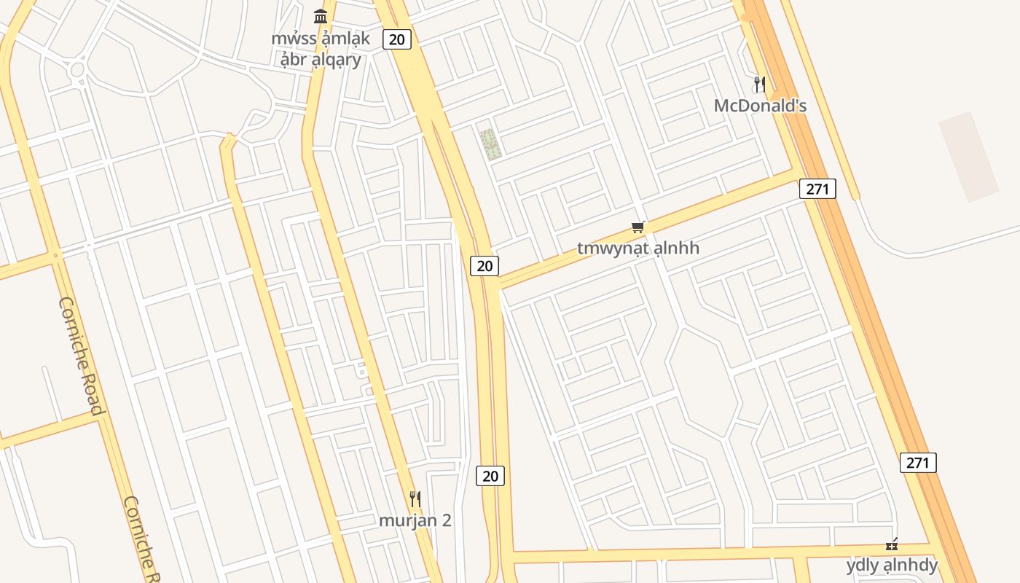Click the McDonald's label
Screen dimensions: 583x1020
(x=760, y=106)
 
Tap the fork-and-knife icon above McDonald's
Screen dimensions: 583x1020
(x=760, y=85)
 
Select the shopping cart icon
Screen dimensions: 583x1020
(x=638, y=227)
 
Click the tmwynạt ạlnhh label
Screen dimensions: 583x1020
(x=638, y=248)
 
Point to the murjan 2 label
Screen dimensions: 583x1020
(x=415, y=520)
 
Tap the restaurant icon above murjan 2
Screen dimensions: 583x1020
(x=415, y=499)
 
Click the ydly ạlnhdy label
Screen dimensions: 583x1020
(x=892, y=565)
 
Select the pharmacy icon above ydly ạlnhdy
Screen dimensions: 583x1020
(x=892, y=544)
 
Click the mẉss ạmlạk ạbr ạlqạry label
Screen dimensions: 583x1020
(x=321, y=49)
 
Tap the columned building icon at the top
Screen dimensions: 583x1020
(x=321, y=16)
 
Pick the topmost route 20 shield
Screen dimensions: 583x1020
(x=396, y=39)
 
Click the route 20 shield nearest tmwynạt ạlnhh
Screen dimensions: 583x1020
(x=484, y=266)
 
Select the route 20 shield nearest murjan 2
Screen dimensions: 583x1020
(x=490, y=476)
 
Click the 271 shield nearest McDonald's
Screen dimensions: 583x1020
(x=817, y=189)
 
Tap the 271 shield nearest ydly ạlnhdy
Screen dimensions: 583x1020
(x=918, y=462)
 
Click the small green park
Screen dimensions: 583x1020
(x=491, y=144)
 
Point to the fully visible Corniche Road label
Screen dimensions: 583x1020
(x=80, y=355)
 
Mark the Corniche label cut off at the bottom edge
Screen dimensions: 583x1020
(x=142, y=539)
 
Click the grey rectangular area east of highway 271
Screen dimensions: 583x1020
(x=968, y=157)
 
